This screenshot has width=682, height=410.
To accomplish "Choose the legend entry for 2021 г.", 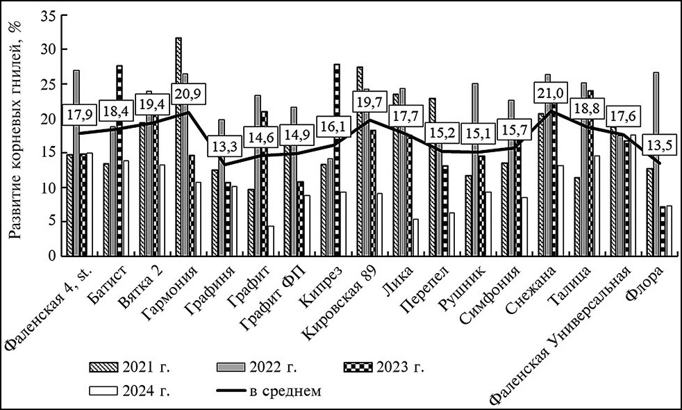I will pyautogui.click(x=128, y=366).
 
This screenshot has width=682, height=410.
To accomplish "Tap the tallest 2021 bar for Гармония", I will pyautogui.click(x=178, y=147).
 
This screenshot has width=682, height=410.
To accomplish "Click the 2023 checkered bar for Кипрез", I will pyautogui.click(x=336, y=160).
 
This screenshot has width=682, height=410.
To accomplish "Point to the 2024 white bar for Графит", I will pyautogui.click(x=269, y=240).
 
